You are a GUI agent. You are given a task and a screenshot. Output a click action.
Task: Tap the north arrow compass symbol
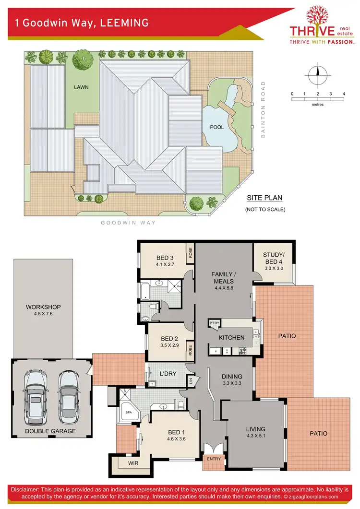(317, 75)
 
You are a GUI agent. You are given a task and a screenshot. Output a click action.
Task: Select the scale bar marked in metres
(318, 99)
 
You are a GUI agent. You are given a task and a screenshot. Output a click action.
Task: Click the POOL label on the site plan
(217, 128)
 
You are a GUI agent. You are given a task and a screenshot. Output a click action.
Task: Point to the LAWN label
(81, 87)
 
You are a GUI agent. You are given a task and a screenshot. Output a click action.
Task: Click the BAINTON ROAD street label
(263, 110)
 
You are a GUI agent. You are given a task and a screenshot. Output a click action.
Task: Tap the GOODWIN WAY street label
(129, 223)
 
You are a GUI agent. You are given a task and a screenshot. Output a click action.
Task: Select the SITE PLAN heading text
(264, 198)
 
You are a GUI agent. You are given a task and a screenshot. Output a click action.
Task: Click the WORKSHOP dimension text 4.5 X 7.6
(43, 315)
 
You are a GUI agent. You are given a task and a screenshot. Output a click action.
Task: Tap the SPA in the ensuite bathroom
(128, 412)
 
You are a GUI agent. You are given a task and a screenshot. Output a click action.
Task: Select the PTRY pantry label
(214, 324)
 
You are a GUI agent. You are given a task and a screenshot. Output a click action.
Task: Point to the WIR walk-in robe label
(133, 464)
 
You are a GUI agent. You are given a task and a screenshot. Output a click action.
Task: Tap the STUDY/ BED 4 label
(274, 258)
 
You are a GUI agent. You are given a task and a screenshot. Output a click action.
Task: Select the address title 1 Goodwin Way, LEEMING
(82, 23)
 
